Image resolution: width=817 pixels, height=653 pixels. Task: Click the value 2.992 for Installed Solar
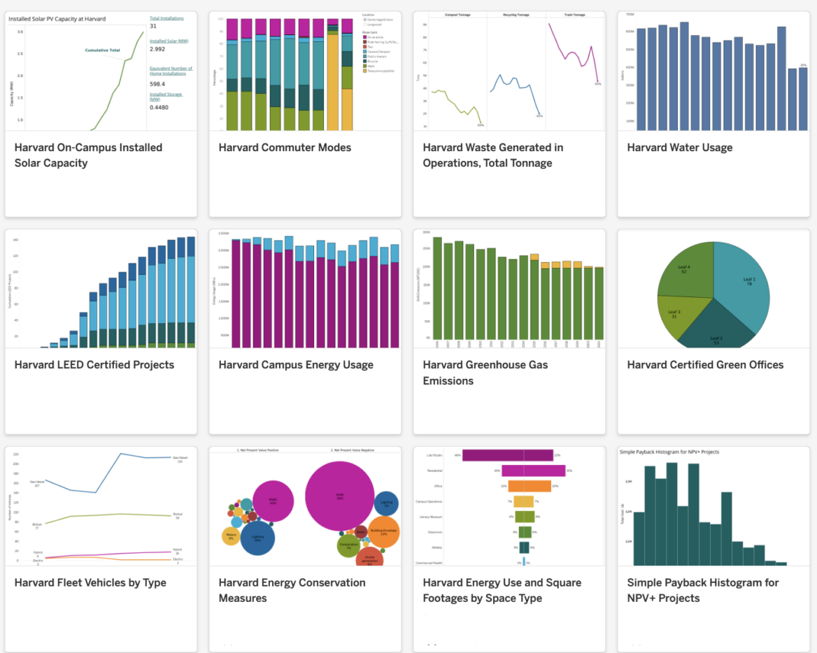[157, 50]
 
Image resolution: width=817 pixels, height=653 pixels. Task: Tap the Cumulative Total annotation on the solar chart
[103, 50]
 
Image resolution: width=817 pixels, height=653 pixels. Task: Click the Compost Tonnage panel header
[457, 14]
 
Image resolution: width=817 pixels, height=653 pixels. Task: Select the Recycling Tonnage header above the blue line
[516, 14]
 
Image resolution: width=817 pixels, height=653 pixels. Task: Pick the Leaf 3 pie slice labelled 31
[675, 314]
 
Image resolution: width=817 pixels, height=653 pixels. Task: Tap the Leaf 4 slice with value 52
[684, 271]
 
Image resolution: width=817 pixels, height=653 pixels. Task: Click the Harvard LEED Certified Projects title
[94, 365]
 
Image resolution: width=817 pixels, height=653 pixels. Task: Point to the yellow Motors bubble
[232, 536]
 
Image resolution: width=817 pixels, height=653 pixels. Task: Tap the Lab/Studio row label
[434, 455]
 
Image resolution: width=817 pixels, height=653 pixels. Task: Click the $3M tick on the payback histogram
[627, 482]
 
